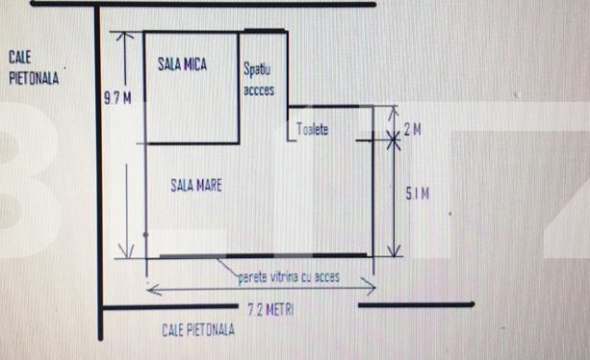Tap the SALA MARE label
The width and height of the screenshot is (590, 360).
pyautogui.click(x=195, y=184)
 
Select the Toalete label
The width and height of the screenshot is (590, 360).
pyautogui.click(x=314, y=128)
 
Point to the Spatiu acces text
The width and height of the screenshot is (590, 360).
pyautogui.click(x=259, y=82)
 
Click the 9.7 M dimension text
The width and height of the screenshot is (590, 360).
pyautogui.click(x=116, y=96)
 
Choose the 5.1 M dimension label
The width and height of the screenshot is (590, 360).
pyautogui.click(x=417, y=194)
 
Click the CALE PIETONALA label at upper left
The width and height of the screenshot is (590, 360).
pyautogui.click(x=33, y=69)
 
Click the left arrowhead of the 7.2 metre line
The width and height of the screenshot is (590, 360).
pyautogui.click(x=150, y=286)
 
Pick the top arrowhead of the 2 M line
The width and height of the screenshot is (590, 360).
pyautogui.click(x=393, y=110)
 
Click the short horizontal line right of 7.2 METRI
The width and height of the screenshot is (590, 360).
pyautogui.click(x=415, y=304)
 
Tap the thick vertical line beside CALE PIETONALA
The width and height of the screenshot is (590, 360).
pyautogui.click(x=97, y=173)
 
